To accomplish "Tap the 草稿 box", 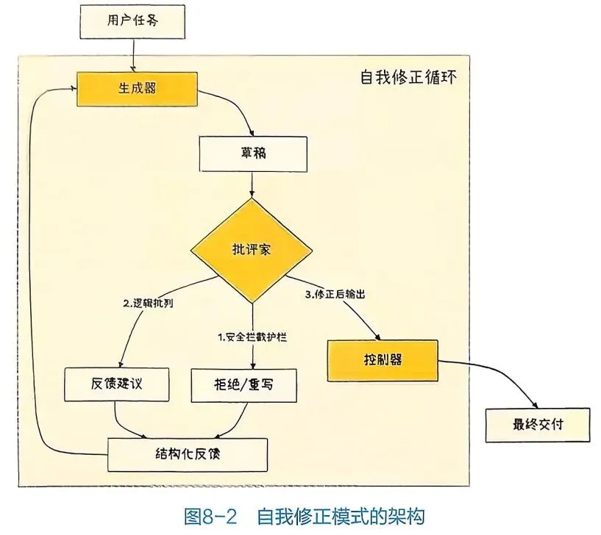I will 252,154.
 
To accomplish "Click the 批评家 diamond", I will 252,250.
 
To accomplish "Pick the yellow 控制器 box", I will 383,361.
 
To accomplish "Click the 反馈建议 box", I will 118,383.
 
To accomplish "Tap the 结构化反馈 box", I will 187,453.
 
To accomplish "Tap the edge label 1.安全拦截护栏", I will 252,337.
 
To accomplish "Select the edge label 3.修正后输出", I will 335,293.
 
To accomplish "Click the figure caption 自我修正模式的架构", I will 341,514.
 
